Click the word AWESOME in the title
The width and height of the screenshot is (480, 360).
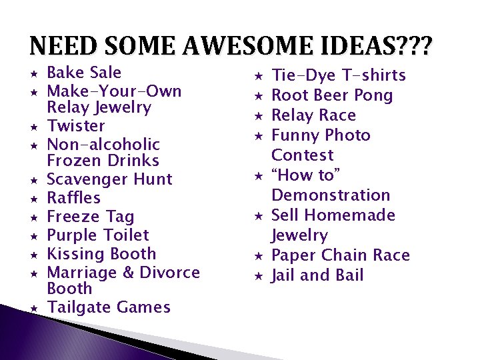(x=233, y=47)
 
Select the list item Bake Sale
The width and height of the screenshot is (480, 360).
(x=84, y=73)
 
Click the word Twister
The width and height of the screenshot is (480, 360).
(x=76, y=126)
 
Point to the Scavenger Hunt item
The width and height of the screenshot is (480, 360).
(x=110, y=179)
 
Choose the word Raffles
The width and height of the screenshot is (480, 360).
(x=74, y=198)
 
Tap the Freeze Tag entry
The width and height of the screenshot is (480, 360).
(x=91, y=217)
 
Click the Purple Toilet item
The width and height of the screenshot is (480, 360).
(x=98, y=235)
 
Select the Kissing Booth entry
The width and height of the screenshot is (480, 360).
(x=101, y=254)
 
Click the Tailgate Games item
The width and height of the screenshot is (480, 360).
(x=109, y=307)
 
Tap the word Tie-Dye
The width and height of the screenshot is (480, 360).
(x=303, y=75)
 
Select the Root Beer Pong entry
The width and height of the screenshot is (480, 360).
(x=332, y=95)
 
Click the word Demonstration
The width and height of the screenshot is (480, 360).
(x=331, y=195)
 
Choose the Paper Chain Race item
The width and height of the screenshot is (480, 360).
(x=341, y=255)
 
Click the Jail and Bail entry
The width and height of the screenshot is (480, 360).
(x=317, y=275)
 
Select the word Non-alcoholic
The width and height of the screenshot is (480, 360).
(x=103, y=145)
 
